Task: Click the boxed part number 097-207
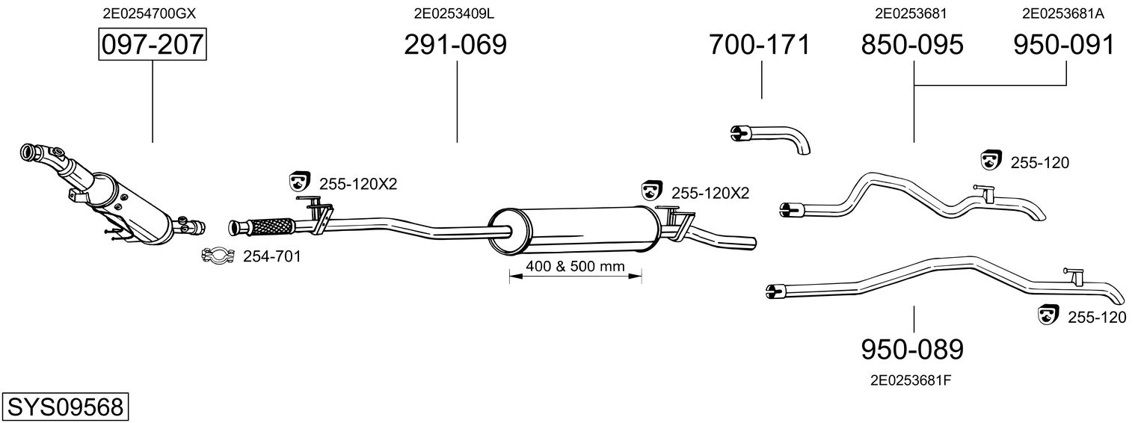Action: pyautogui.click(x=153, y=44)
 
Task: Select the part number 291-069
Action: pyautogui.click(x=455, y=44)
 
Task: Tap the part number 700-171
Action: pyautogui.click(x=759, y=44)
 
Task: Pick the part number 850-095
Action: pyautogui.click(x=912, y=44)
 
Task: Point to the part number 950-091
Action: pyautogui.click(x=1064, y=44)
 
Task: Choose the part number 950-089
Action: pyautogui.click(x=912, y=350)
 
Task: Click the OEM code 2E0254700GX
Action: pyautogui.click(x=150, y=13)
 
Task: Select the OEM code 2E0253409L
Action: pyautogui.click(x=454, y=13)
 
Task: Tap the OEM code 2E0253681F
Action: pyautogui.click(x=911, y=380)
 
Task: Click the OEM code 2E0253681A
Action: pyautogui.click(x=1063, y=13)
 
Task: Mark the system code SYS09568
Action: pyautogui.click(x=65, y=407)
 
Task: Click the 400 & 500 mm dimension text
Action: pyautogui.click(x=576, y=266)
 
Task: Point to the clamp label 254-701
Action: pyautogui.click(x=271, y=256)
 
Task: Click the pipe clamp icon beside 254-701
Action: pyautogui.click(x=218, y=256)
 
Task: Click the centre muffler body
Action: pyautogui.click(x=574, y=231)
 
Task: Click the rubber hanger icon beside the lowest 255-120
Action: pyautogui.click(x=1048, y=315)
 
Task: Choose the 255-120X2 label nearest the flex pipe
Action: pyautogui.click(x=358, y=184)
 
